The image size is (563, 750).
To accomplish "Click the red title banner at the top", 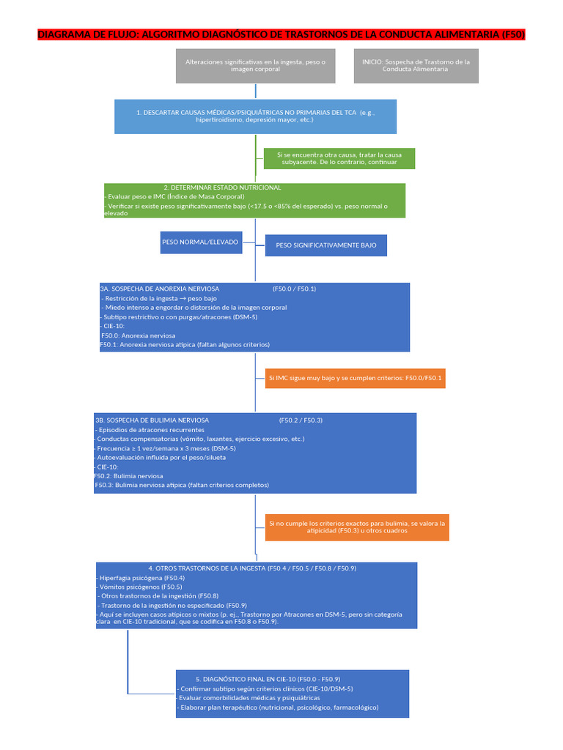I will click(281, 35).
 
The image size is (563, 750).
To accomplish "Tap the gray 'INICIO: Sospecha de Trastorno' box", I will click(416, 66).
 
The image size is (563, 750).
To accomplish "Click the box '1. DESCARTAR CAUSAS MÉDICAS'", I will click(255, 116).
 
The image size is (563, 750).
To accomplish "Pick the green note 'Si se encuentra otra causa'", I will click(339, 158).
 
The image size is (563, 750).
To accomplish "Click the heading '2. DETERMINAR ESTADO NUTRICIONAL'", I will click(222, 187).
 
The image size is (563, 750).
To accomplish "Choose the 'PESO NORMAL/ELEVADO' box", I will click(201, 242).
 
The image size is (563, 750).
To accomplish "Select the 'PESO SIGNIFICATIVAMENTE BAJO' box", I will click(325, 245).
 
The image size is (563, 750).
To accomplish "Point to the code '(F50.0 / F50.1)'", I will click(294, 289).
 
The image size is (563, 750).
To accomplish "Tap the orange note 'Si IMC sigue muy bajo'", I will click(355, 378).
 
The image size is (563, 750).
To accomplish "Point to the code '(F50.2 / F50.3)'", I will click(301, 420).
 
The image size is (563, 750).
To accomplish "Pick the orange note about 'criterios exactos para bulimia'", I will click(357, 527).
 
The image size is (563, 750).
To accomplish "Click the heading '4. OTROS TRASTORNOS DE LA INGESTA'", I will click(252, 568).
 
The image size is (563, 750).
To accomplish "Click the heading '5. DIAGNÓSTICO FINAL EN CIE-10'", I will click(268, 679).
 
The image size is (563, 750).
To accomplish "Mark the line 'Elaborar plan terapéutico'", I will click(279, 708).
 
